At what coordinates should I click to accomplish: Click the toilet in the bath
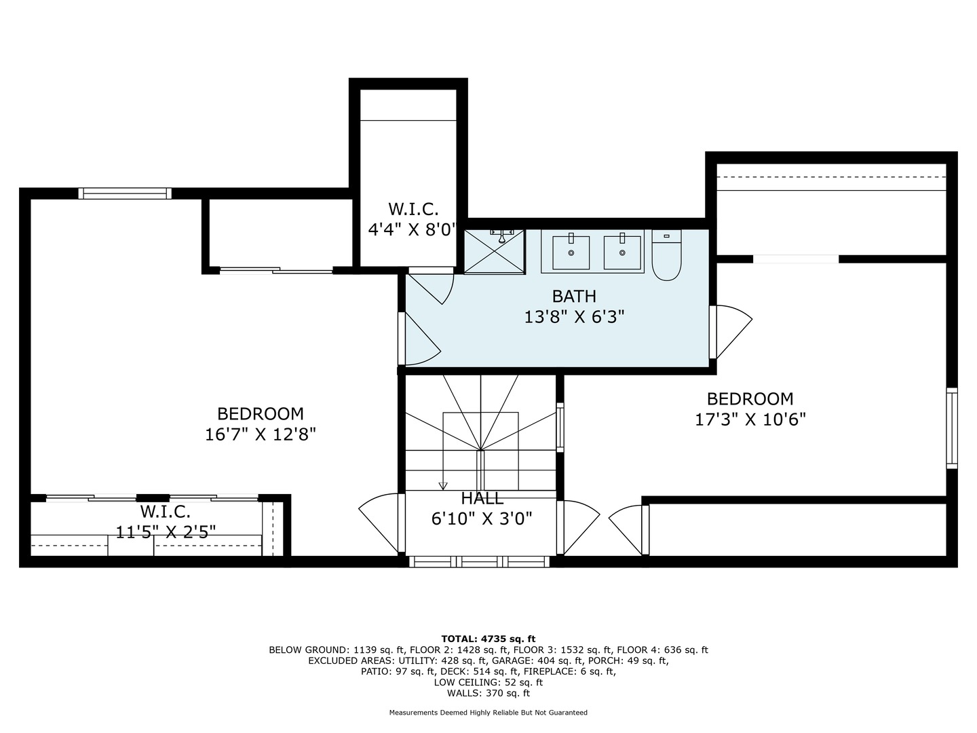pyautogui.click(x=666, y=257)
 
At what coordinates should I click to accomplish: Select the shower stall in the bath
pyautogui.click(x=495, y=251)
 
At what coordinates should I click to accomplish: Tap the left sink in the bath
pyautogui.click(x=570, y=252)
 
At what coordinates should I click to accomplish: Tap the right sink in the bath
pyautogui.click(x=622, y=252)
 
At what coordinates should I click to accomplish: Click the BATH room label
pyautogui.click(x=574, y=296)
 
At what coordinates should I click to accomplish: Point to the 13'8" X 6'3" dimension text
pyautogui.click(x=574, y=316)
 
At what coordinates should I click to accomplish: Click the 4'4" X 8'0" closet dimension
pyautogui.click(x=413, y=229)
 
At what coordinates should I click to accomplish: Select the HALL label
pyautogui.click(x=482, y=499)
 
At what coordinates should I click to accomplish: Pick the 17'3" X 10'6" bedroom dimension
pyautogui.click(x=750, y=419)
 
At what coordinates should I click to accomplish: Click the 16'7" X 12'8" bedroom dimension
pyautogui.click(x=261, y=434)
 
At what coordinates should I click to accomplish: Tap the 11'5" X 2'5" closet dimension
pyautogui.click(x=166, y=531)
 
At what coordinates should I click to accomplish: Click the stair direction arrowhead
pyautogui.click(x=443, y=485)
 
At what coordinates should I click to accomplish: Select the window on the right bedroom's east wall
pyautogui.click(x=952, y=428)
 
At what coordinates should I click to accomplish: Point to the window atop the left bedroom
pyautogui.click(x=125, y=193)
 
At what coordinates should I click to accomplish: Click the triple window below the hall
pyautogui.click(x=480, y=561)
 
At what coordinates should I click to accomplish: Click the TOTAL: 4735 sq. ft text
pyautogui.click(x=488, y=639)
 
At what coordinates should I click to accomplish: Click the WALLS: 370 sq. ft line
pyautogui.click(x=488, y=693)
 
